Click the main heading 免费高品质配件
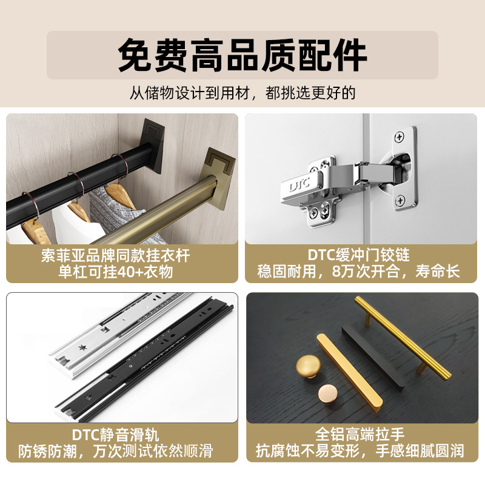point(242,55)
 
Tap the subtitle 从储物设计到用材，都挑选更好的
point(242,93)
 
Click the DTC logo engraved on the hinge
point(299,185)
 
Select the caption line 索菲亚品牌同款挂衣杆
point(115,256)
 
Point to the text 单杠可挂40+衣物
point(115,272)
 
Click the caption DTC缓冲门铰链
point(358,255)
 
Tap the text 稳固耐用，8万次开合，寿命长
point(358,271)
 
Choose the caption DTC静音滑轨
point(115,435)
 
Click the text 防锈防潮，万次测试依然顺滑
point(115,451)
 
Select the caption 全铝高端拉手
point(360,434)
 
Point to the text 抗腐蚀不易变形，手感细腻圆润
point(360,450)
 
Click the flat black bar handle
point(373,358)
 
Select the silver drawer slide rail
point(121,336)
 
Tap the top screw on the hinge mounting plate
point(400,136)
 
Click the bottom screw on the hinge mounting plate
point(400,200)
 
